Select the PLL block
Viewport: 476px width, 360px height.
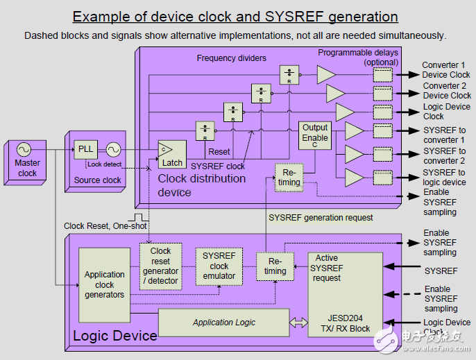(85, 149)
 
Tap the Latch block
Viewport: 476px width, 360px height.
(172, 155)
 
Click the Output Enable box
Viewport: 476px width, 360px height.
(315, 134)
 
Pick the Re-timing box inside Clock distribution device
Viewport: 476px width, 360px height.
(289, 177)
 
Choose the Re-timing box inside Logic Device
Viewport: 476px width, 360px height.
(275, 266)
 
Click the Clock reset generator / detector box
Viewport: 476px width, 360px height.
(160, 266)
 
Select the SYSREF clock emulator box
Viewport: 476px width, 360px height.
(219, 266)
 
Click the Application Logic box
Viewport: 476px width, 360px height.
(223, 323)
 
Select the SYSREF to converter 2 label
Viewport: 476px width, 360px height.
(444, 156)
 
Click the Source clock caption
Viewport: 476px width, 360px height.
(97, 180)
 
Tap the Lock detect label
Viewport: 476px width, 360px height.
(104, 164)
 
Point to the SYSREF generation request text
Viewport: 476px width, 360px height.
(321, 218)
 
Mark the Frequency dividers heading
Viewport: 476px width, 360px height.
(231, 58)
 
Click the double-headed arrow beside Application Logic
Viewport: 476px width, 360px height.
(299, 323)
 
